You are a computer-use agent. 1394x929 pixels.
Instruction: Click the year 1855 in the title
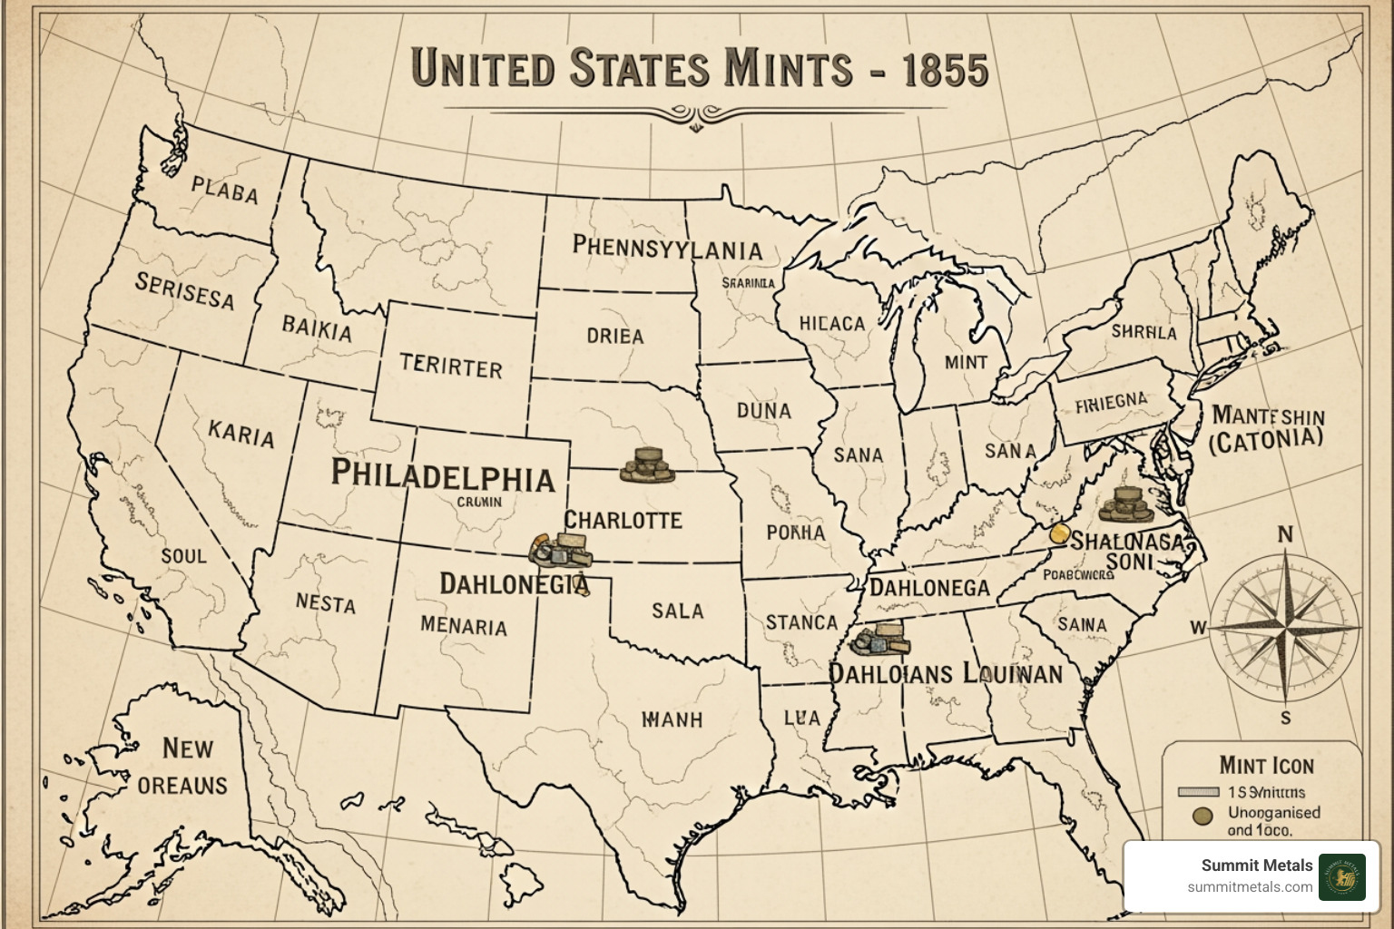[945, 70]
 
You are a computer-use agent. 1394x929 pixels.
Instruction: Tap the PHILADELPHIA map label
[442, 475]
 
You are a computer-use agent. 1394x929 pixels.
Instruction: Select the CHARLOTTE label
[623, 520]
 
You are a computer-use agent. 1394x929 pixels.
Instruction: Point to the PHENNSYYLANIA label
[667, 249]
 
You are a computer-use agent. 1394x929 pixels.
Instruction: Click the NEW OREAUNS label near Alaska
[184, 767]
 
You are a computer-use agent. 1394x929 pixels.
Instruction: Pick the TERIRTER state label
[451, 367]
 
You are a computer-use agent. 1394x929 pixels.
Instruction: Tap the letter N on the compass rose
[1285, 534]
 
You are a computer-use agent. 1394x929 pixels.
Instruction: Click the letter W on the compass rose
[1198, 627]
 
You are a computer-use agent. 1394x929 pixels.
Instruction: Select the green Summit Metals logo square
[1341, 876]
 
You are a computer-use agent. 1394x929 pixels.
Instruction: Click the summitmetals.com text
[1249, 887]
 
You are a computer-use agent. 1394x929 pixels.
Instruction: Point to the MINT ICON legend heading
[1265, 766]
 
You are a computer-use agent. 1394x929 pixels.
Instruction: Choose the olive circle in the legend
[1203, 816]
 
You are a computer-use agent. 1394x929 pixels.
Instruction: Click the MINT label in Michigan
[966, 362]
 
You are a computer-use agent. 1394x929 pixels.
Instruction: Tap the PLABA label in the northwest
[225, 191]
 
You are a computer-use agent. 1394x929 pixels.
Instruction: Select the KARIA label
[241, 434]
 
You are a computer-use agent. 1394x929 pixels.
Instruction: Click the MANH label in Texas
[672, 719]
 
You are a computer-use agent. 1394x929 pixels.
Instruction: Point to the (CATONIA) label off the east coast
[1266, 441]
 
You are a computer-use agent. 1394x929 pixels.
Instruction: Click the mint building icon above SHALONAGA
[1124, 504]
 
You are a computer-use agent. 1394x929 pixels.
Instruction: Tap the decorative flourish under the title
[695, 114]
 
